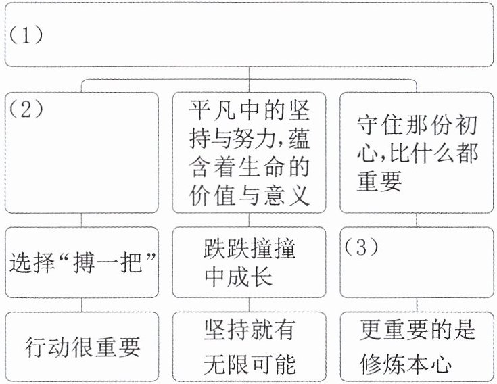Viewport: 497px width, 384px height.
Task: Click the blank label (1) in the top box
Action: coord(26,35)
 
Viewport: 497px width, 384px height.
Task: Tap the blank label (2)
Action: coord(26,110)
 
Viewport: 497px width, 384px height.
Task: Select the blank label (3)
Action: coord(361,247)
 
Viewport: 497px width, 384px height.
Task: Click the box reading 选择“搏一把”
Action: coord(82,262)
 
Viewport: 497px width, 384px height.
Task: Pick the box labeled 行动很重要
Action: coord(82,347)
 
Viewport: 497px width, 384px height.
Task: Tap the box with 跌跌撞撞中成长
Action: coord(249,262)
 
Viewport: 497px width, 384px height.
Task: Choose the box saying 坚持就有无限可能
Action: coord(249,347)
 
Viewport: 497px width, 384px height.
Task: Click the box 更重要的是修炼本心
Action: coord(417,347)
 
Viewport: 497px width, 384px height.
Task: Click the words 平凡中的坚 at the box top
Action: coord(249,110)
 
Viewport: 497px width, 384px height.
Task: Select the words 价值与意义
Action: coord(249,195)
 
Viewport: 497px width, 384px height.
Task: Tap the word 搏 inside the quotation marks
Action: coord(84,263)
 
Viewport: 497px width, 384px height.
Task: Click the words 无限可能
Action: coord(250,364)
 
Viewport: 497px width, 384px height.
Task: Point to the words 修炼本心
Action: coord(406,364)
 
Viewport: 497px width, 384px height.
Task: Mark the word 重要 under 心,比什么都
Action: coord(379,181)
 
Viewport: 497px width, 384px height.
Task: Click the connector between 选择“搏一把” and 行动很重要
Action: coord(82,305)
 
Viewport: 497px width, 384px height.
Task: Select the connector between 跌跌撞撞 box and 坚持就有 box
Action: coord(249,305)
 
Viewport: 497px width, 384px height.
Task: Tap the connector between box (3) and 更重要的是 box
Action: coord(417,305)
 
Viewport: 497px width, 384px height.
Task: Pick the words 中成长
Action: coord(238,277)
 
